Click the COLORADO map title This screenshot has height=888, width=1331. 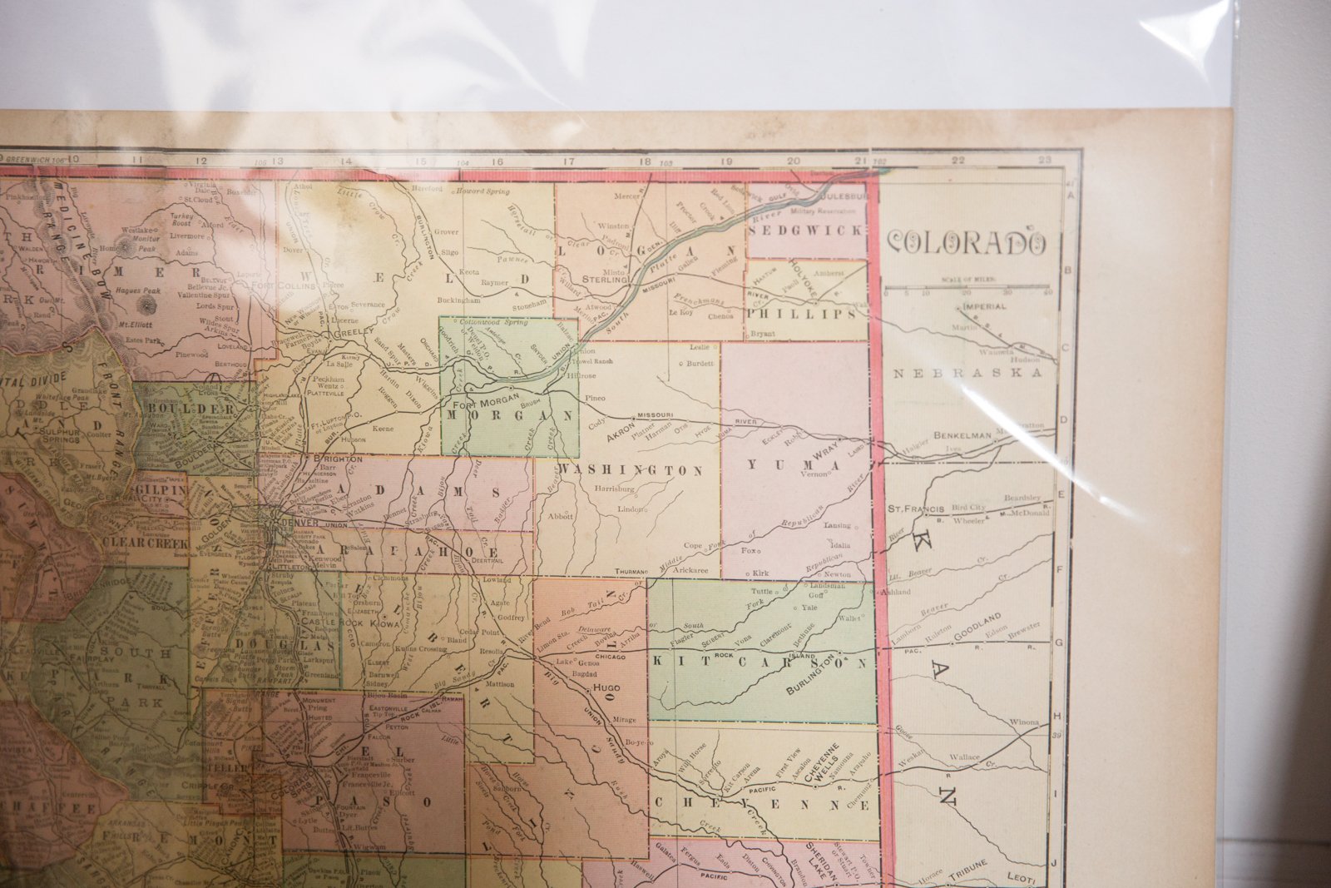(966, 242)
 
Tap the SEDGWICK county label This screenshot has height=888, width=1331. (806, 231)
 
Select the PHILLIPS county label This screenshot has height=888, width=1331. (801, 315)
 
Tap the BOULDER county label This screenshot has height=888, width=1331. (190, 409)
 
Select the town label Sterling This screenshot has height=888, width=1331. (605, 280)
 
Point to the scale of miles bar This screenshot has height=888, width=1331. (965, 287)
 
